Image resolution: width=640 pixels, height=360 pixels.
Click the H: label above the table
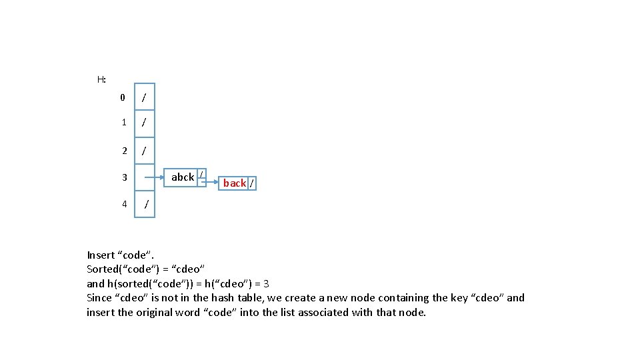click(x=101, y=79)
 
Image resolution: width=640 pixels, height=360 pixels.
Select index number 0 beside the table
click(x=123, y=97)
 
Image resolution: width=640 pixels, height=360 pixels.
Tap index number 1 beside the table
click(x=124, y=122)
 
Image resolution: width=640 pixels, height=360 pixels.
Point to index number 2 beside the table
click(x=125, y=151)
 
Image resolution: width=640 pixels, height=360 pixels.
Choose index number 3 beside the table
click(x=125, y=177)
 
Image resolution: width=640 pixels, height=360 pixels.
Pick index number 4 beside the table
click(x=125, y=204)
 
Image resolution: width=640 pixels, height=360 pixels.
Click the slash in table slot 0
click(x=144, y=97)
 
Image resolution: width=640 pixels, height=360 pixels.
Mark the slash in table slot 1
click(x=144, y=122)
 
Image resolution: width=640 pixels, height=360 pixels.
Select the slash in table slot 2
click(x=144, y=151)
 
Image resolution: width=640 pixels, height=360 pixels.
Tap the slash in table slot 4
click(x=146, y=204)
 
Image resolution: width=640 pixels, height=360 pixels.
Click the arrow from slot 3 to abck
click(x=154, y=177)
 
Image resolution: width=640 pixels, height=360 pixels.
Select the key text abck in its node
click(x=183, y=177)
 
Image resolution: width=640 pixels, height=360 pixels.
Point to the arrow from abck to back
click(x=210, y=182)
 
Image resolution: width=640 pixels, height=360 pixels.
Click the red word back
click(x=235, y=183)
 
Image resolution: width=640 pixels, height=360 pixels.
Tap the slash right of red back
click(x=252, y=183)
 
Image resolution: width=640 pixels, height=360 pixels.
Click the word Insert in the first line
click(x=101, y=255)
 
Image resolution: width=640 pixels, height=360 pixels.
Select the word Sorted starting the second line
click(x=101, y=269)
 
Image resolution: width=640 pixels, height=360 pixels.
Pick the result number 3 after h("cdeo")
click(x=266, y=284)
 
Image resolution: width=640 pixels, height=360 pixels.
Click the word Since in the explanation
click(x=99, y=298)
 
